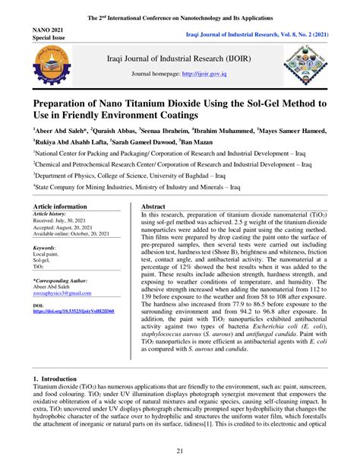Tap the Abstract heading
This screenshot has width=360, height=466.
click(154, 206)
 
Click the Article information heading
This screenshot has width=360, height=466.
click(61, 206)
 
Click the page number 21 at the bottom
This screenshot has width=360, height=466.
click(180, 452)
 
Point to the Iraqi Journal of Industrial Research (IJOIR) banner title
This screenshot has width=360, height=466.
click(181, 57)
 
